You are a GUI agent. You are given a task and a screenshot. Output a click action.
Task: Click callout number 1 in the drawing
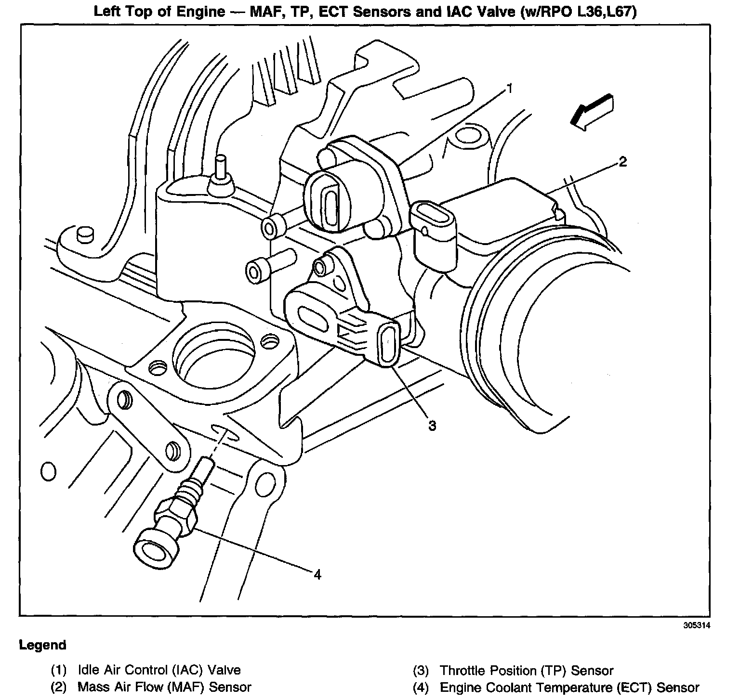(509, 89)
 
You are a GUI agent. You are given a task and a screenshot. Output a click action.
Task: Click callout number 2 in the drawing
(622, 162)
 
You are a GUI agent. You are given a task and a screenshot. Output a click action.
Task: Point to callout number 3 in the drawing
(432, 426)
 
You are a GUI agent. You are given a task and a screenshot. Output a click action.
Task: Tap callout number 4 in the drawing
(317, 574)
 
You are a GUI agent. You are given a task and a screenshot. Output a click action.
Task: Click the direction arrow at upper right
(591, 112)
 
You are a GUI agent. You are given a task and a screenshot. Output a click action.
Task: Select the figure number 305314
(697, 626)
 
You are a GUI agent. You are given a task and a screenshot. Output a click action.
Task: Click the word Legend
(42, 645)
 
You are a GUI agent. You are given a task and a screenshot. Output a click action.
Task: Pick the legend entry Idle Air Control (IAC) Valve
(159, 670)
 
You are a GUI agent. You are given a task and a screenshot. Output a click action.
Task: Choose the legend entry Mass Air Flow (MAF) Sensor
(164, 687)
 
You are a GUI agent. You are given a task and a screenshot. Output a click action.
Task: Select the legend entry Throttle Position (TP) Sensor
(527, 670)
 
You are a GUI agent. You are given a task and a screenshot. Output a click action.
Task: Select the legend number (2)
(59, 687)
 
